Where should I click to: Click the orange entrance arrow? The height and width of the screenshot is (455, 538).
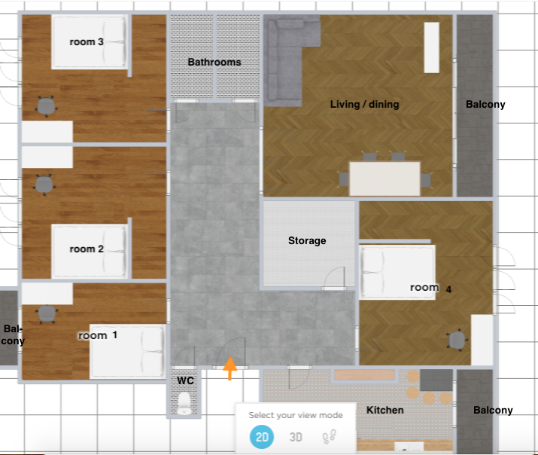tap(230, 368)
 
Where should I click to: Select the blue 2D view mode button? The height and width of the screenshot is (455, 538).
tap(262, 437)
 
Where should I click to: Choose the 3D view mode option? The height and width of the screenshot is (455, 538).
tap(296, 437)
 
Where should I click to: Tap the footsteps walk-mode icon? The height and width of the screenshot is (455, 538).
tap(330, 436)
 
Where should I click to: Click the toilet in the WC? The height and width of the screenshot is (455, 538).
tap(184, 403)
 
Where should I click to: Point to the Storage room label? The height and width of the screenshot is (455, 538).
tap(307, 241)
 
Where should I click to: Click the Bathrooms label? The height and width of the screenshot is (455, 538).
tap(214, 63)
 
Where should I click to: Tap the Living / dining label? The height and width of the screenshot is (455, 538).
tap(365, 105)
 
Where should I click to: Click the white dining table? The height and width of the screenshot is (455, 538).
tap(385, 179)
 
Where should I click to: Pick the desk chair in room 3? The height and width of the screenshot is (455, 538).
tap(47, 106)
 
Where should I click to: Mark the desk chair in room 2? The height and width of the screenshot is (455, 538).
tap(44, 185)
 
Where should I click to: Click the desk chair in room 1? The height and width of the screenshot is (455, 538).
tap(47, 314)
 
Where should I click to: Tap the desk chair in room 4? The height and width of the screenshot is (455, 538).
tap(457, 340)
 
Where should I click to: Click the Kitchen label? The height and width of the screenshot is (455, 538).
tap(385, 410)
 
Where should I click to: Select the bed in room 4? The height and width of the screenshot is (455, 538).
tap(397, 272)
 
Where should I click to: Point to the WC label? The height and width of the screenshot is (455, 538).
tap(186, 380)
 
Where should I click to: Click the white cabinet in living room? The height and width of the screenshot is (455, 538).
tap(432, 47)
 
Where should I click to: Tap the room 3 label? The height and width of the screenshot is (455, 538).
tap(87, 42)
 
